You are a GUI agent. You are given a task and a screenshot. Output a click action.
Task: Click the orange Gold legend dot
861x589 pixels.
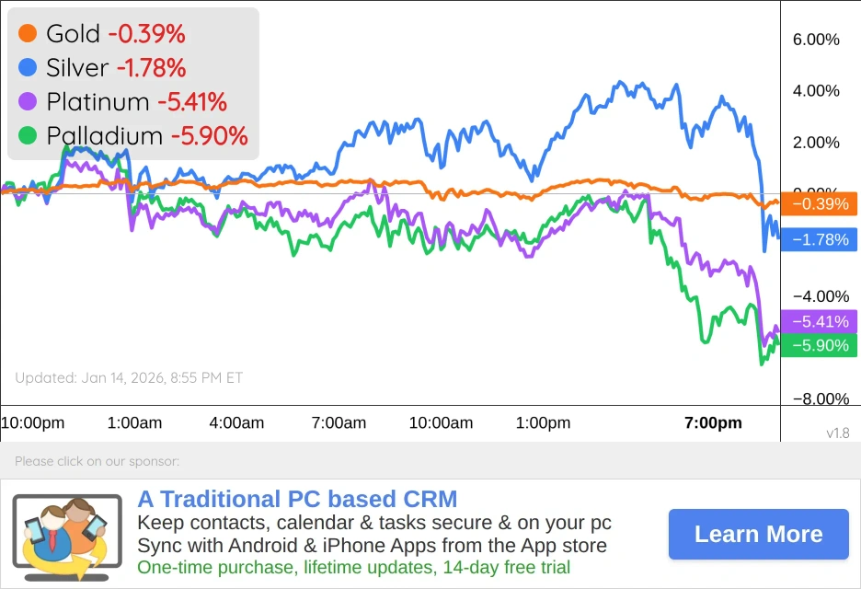tap(28, 34)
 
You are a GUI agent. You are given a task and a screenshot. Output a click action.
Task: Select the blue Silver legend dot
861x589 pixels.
tap(28, 67)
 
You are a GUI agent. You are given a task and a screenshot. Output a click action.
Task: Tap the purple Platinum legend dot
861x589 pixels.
tap(28, 101)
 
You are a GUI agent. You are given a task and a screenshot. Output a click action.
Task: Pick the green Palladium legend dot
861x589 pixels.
tap(28, 135)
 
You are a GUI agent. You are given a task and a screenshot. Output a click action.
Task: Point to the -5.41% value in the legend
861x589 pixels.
tap(192, 101)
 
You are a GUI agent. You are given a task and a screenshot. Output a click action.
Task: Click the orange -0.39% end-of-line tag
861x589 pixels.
tap(819, 203)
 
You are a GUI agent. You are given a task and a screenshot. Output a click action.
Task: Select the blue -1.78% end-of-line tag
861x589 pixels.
tap(819, 239)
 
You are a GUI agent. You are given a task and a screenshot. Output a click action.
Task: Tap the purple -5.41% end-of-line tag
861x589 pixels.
tap(819, 321)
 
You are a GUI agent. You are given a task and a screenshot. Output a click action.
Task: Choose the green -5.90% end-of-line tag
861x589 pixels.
tap(819, 345)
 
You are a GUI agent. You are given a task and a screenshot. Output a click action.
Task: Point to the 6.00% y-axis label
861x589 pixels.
tap(816, 40)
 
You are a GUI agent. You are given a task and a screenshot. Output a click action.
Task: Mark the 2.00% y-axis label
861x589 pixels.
tap(816, 143)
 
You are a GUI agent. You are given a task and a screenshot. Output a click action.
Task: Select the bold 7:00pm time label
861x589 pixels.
tap(713, 423)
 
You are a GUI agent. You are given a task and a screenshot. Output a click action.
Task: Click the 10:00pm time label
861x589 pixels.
tap(32, 423)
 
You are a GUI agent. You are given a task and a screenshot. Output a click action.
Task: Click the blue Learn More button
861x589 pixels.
tap(758, 534)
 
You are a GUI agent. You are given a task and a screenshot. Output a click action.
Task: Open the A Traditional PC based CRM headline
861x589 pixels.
tap(297, 500)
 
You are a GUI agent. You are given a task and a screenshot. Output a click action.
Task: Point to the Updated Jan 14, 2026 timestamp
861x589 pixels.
tap(129, 377)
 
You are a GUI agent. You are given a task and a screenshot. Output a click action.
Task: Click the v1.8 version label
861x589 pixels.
tap(838, 433)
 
